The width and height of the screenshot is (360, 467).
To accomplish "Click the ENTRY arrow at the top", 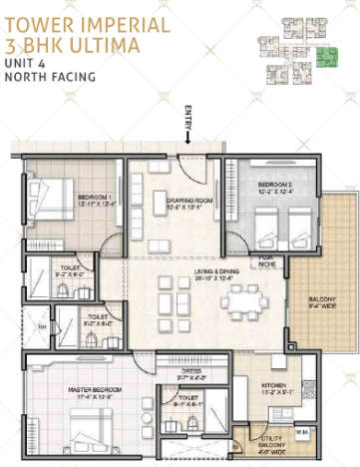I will click(x=186, y=143).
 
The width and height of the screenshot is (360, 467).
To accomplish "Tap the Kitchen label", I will click(x=274, y=386).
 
